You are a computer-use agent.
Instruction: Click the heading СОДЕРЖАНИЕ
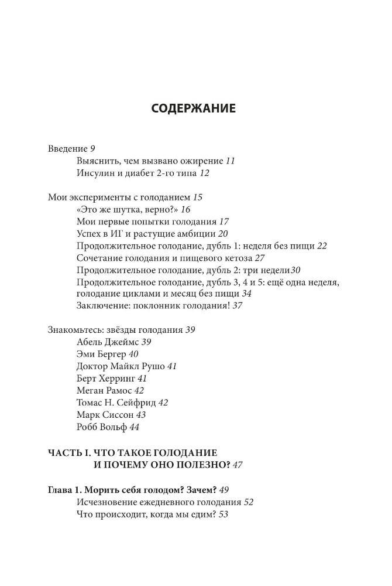(x=193, y=108)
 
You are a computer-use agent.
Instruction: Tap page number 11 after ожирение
(x=230, y=161)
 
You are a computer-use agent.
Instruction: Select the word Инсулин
(x=95, y=173)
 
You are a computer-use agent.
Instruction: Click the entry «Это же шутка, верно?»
(x=126, y=210)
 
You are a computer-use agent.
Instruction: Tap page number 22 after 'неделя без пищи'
(x=322, y=246)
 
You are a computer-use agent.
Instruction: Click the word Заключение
(x=101, y=306)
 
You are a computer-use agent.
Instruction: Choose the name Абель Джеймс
(x=107, y=342)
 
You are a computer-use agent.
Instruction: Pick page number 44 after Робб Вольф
(x=135, y=427)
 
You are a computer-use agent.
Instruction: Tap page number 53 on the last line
(x=222, y=515)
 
